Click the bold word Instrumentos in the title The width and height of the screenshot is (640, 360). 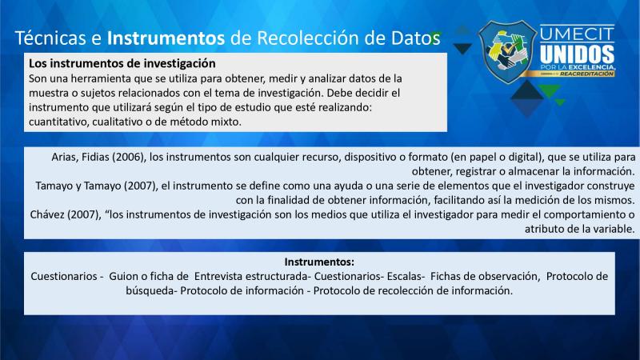point(166,38)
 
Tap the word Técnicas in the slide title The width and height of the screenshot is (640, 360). point(50,38)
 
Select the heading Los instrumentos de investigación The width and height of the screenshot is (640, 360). point(122,63)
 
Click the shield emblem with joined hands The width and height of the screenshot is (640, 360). point(507,51)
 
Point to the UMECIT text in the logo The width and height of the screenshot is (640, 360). point(577,34)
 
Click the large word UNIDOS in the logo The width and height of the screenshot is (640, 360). point(577,54)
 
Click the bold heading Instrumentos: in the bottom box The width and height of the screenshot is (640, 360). point(319,262)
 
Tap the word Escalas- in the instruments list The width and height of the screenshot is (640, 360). point(406,276)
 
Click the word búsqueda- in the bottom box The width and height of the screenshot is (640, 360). point(151,290)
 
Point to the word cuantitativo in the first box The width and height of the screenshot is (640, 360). point(57,122)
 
